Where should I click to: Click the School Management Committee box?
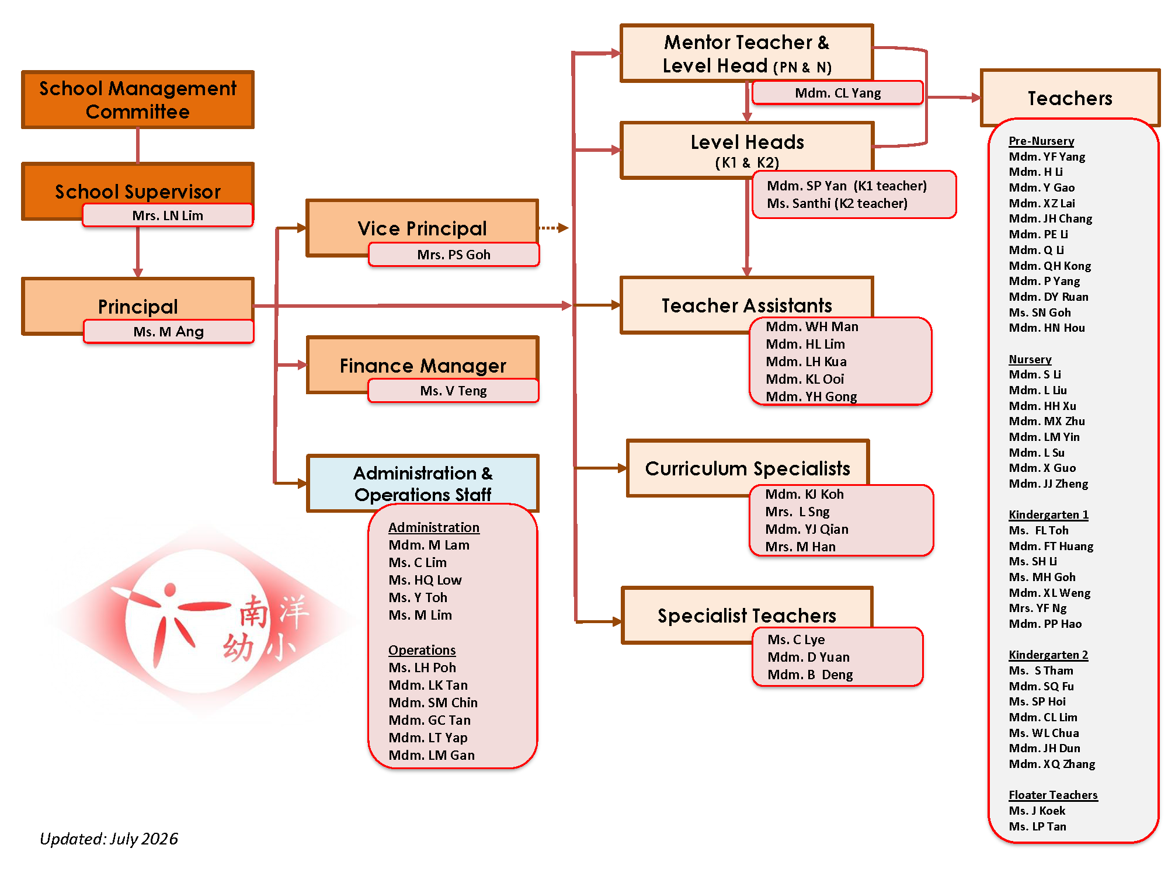pos(138,99)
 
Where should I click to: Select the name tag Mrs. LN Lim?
pos(168,215)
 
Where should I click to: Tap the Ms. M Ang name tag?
pos(168,331)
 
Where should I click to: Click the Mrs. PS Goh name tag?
pos(454,254)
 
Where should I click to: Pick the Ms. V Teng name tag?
pos(454,390)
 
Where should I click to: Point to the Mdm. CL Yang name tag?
pos(837,92)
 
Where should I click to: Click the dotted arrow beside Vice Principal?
pos(554,228)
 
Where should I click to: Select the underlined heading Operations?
pos(422,650)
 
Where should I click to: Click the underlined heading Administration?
pos(434,527)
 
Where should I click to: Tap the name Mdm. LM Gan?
pos(432,755)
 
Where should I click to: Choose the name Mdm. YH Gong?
pos(811,397)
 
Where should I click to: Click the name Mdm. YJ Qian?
pos(807,529)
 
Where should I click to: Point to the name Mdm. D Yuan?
pos(808,657)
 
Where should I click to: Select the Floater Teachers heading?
pos(1053,795)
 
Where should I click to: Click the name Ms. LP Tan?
pos(1037,826)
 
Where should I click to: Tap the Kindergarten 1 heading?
pos(1048,515)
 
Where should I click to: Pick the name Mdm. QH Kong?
pos(1049,266)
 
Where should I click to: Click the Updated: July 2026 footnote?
pos(109,839)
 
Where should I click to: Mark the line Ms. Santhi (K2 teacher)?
pos(837,203)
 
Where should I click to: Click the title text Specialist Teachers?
pos(747,616)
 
